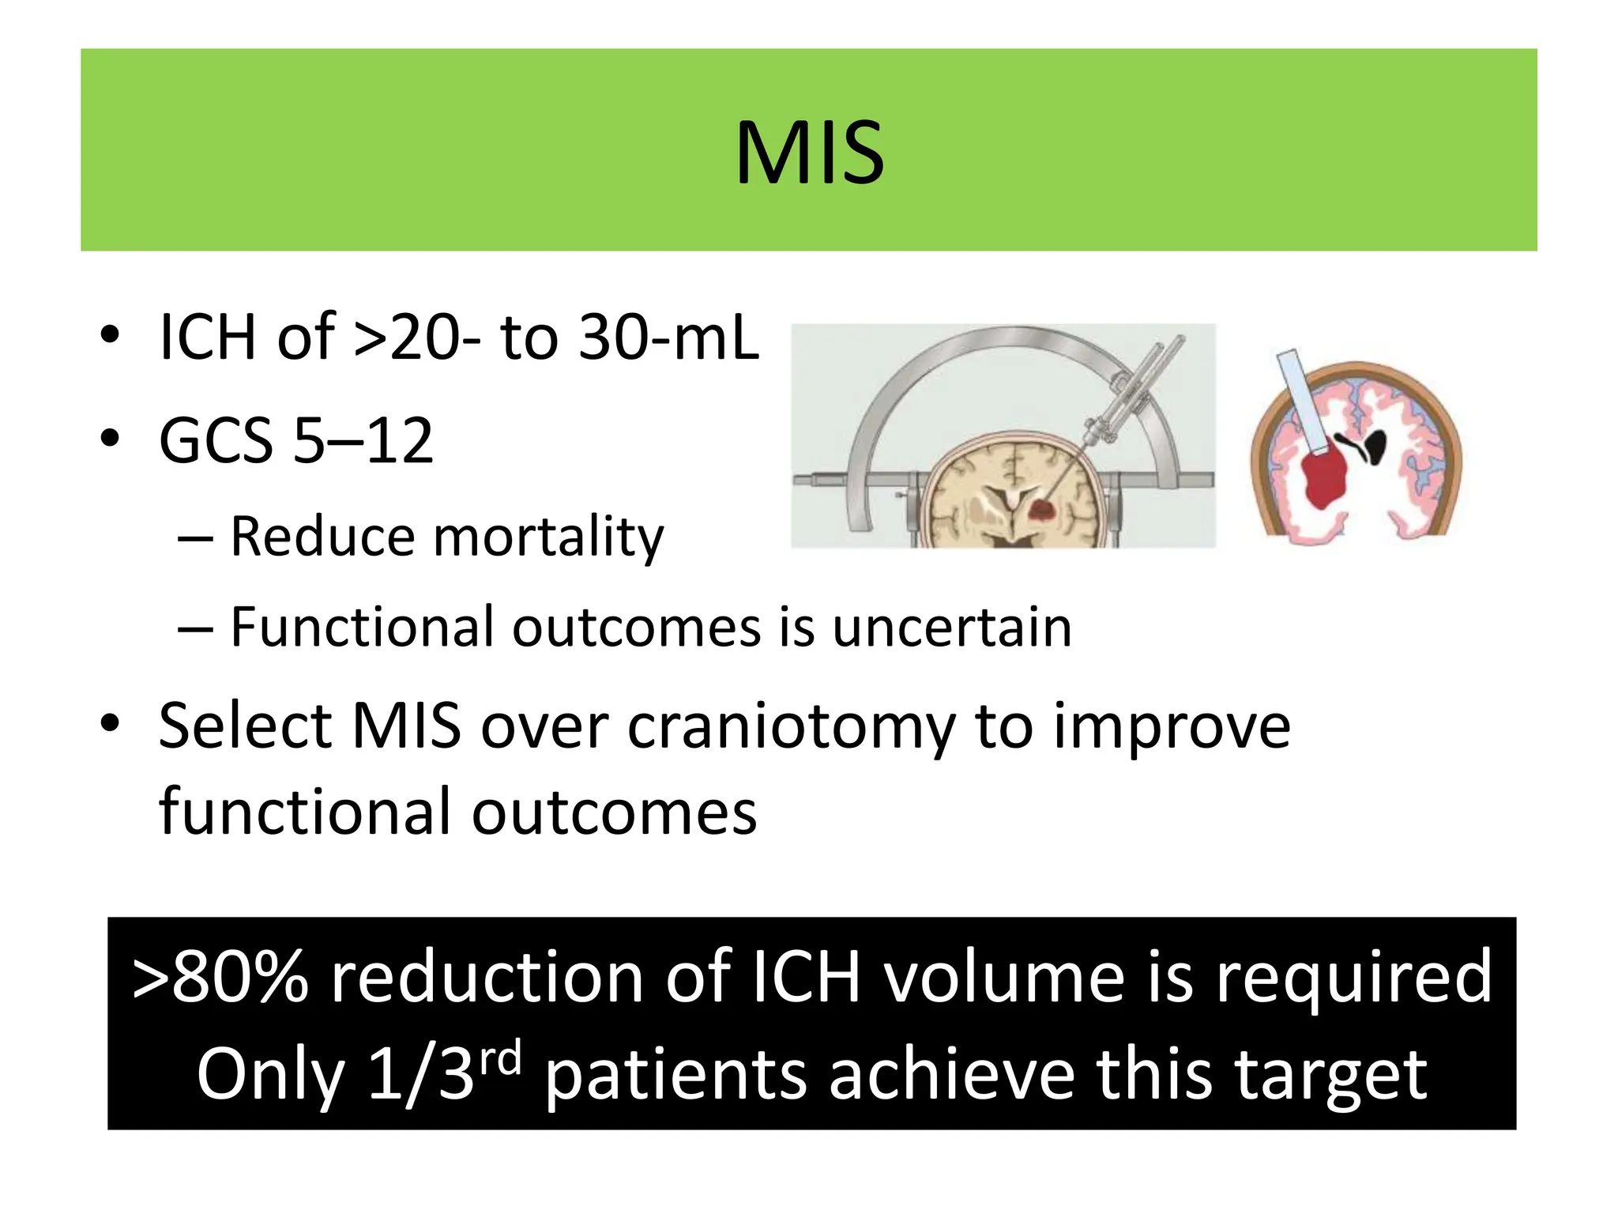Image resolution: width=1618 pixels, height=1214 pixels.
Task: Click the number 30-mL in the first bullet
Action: click(x=668, y=337)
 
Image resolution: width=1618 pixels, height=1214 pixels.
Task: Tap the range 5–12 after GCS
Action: click(x=363, y=440)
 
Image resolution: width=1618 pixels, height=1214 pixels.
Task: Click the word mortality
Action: click(x=549, y=537)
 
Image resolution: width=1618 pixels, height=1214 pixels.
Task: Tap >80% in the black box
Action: click(x=220, y=978)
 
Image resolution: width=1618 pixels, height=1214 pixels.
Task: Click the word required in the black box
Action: click(x=1353, y=978)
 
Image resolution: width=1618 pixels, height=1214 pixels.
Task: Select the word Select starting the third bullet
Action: click(x=245, y=726)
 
